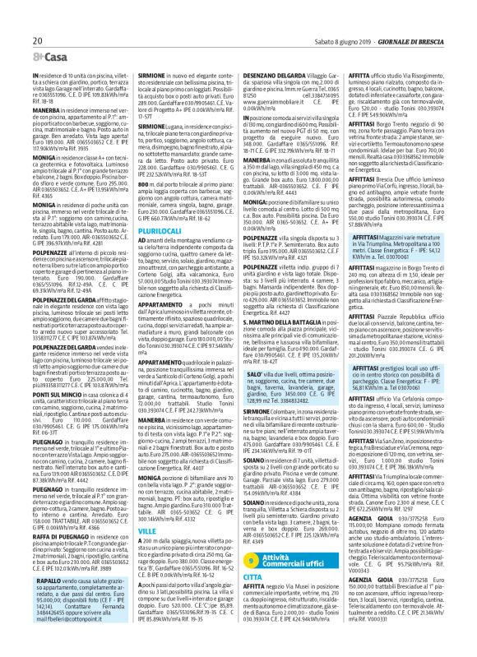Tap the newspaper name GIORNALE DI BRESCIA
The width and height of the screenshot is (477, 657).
(x=433, y=16)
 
